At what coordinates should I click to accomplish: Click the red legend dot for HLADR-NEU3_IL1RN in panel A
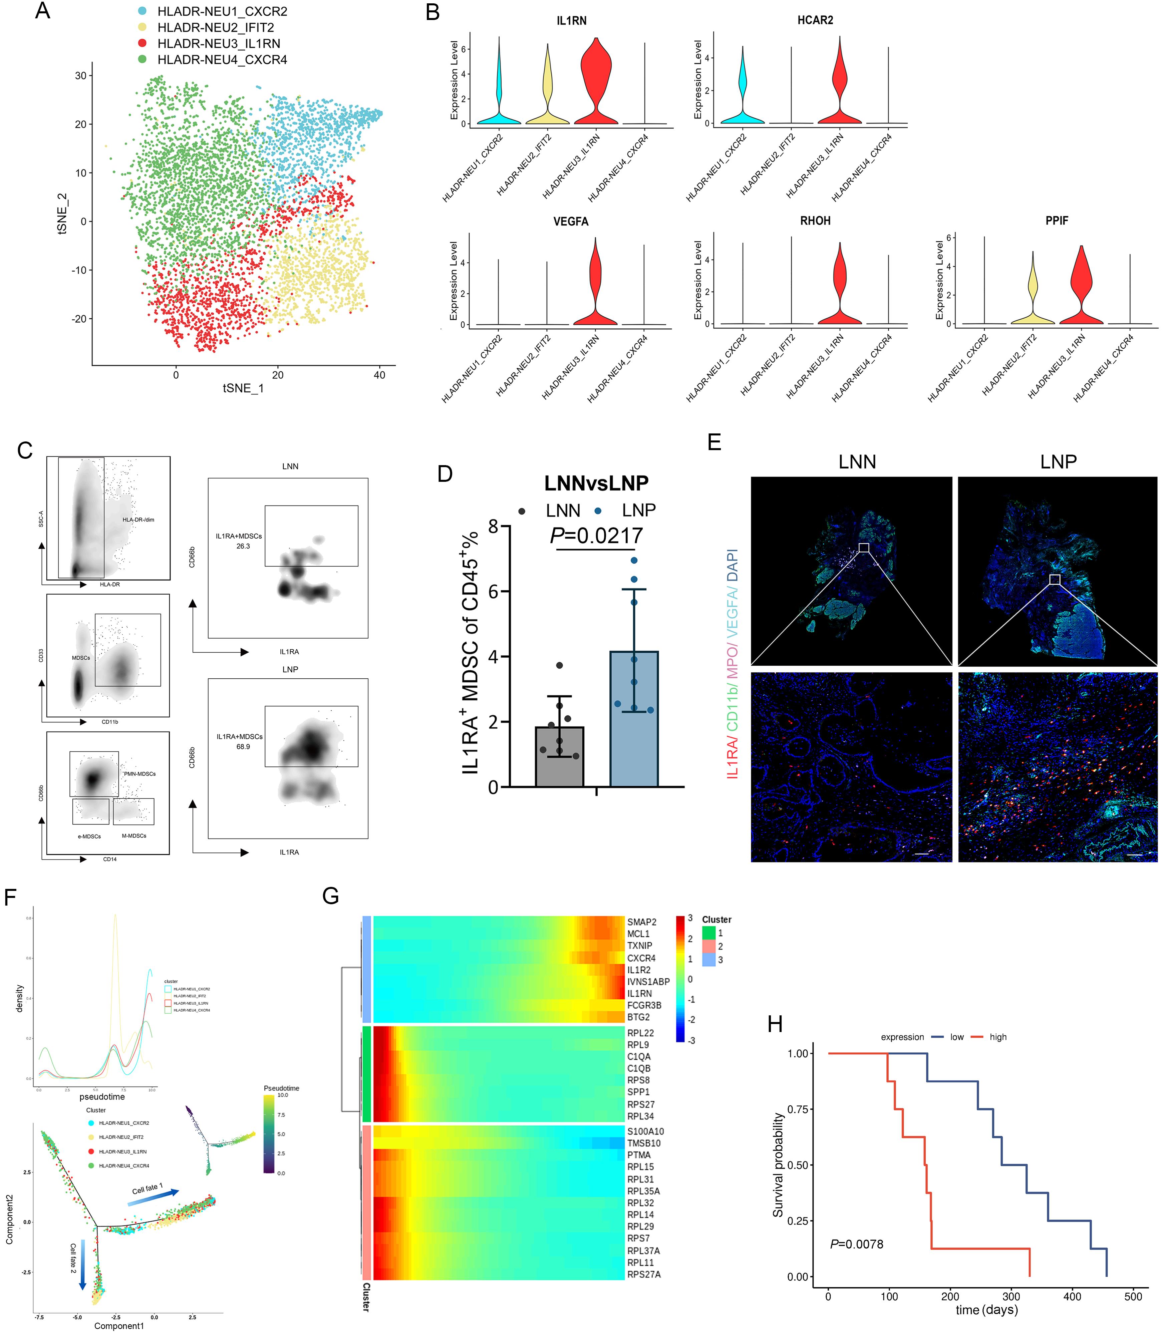tap(142, 43)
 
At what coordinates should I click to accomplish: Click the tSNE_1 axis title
tap(243, 388)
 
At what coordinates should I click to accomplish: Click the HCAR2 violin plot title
tap(815, 20)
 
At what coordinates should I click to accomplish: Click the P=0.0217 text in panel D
tap(597, 536)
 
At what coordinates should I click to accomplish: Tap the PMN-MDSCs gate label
tap(139, 774)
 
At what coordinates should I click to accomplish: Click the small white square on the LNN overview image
tap(864, 548)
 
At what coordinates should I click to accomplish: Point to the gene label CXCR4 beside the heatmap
tap(641, 958)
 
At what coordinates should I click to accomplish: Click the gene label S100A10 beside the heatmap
tap(645, 1131)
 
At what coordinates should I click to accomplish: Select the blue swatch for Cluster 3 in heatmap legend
tap(709, 960)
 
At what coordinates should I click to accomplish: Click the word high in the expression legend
tap(998, 1037)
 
